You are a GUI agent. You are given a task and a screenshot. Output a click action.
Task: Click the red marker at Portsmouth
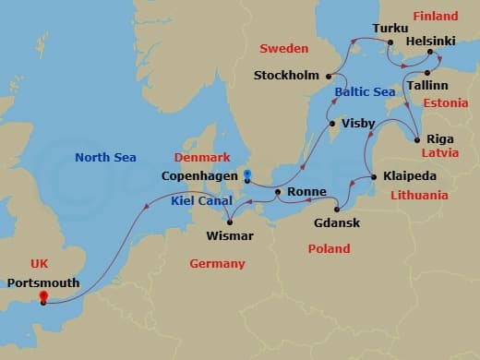42,297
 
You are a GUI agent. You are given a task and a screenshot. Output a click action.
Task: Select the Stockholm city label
285,76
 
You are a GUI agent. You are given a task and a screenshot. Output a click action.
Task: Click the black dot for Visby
331,123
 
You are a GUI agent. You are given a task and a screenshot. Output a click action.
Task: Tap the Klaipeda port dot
373,176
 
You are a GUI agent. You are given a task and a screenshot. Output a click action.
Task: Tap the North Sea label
105,157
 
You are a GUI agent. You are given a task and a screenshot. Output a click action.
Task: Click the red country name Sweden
283,48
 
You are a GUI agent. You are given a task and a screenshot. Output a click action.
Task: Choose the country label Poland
329,248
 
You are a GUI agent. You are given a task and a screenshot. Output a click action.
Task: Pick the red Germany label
217,263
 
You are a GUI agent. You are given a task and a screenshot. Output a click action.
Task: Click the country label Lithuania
418,196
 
